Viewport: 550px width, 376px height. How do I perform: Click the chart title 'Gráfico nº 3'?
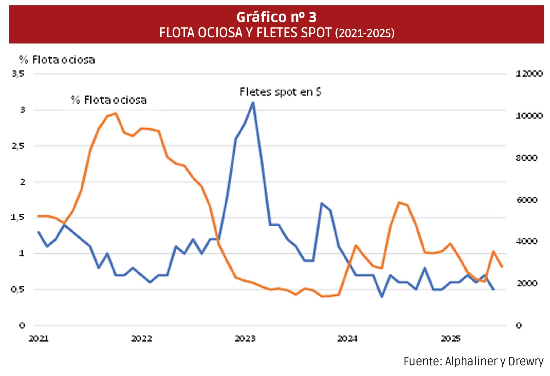pyautogui.click(x=276, y=17)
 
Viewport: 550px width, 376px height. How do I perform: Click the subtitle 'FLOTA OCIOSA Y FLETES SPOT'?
pyautogui.click(x=245, y=33)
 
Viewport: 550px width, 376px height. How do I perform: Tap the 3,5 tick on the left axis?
pyautogui.click(x=18, y=74)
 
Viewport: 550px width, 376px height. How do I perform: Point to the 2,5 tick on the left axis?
pyautogui.click(x=18, y=146)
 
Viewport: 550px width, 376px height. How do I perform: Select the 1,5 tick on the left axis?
pyautogui.click(x=18, y=217)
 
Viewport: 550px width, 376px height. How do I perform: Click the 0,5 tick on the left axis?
pyautogui.click(x=18, y=289)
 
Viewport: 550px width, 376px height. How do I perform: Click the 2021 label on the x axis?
pyautogui.click(x=38, y=339)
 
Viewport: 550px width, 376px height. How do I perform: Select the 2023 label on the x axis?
pyautogui.click(x=245, y=339)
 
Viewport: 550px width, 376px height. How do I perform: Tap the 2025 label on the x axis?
pyautogui.click(x=451, y=339)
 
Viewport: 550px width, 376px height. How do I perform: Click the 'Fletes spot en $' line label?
pyautogui.click(x=280, y=92)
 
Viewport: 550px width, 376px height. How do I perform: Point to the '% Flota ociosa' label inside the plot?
pyautogui.click(x=109, y=100)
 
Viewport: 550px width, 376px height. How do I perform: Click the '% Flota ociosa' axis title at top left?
pyautogui.click(x=57, y=60)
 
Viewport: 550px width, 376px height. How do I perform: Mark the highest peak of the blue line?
pyautogui.click(x=253, y=102)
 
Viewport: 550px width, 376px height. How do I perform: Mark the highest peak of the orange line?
pyautogui.click(x=116, y=113)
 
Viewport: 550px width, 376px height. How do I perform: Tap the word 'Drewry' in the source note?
pyautogui.click(x=526, y=362)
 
